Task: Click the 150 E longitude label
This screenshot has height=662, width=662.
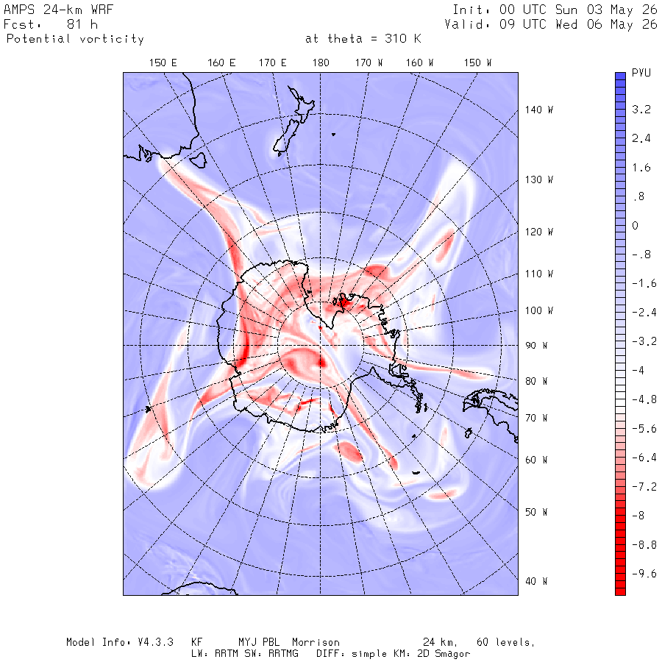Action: tap(163, 63)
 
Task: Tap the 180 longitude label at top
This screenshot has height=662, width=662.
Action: tap(321, 63)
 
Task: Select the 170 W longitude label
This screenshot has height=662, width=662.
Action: tap(369, 63)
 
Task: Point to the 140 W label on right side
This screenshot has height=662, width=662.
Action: tap(538, 110)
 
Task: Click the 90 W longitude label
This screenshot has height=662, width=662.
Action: tap(536, 346)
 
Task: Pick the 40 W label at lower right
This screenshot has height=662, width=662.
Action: tap(536, 581)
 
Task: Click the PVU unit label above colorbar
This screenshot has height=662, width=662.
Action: tap(641, 73)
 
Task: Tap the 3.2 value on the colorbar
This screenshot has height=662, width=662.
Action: tap(641, 110)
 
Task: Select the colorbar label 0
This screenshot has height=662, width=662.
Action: tap(635, 226)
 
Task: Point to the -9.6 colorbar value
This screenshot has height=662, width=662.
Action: tap(644, 573)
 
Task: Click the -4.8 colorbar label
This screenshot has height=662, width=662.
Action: tap(644, 399)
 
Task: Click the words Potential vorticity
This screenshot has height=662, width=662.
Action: tap(75, 39)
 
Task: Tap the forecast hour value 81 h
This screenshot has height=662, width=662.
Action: tap(82, 24)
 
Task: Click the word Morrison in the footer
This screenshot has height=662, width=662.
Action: tap(316, 642)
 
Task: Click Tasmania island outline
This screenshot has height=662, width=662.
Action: tap(198, 160)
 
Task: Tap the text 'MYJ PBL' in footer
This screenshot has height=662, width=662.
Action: tap(259, 642)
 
